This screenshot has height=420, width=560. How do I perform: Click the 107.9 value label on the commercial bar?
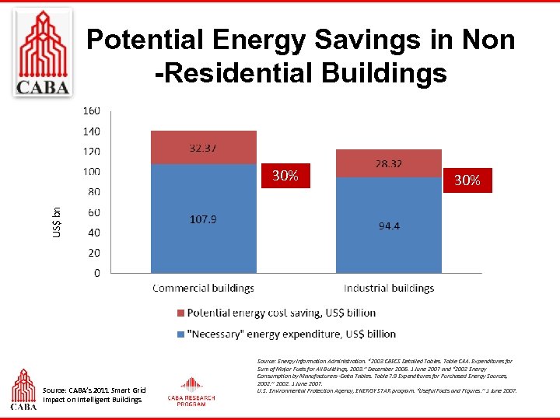tap(203, 220)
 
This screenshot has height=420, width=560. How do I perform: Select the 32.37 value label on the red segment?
tap(203, 148)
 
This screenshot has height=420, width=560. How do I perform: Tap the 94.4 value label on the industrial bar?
tap(390, 226)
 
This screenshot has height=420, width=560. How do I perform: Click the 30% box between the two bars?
tap(285, 176)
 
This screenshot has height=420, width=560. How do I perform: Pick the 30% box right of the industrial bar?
tap(467, 180)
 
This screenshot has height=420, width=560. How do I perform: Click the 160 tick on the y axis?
tap(91, 111)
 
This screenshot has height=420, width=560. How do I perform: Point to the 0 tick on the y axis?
tap(96, 273)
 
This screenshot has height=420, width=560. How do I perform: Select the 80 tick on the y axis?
tap(93, 191)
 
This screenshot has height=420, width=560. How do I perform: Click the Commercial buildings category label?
tap(203, 288)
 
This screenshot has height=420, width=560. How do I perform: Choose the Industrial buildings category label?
tap(389, 288)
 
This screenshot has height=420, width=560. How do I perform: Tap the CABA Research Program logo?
tap(191, 392)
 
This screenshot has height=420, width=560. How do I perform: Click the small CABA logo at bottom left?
tap(23, 389)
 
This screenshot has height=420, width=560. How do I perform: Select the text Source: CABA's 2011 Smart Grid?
tap(94, 390)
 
